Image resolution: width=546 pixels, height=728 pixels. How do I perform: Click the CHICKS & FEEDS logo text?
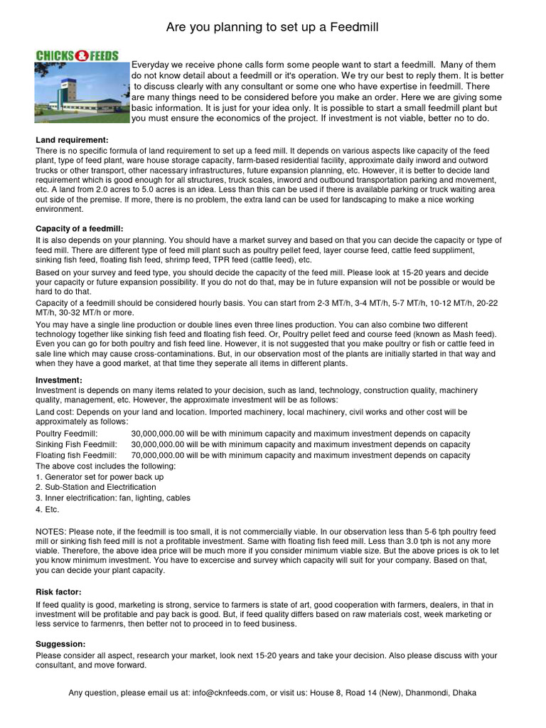click(77, 55)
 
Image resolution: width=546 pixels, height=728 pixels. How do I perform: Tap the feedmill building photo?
click(77, 90)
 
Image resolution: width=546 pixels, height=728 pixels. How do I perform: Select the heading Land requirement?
click(72, 141)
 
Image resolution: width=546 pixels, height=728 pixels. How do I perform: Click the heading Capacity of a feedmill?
click(80, 228)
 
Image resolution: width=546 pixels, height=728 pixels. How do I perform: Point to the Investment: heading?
click(60, 380)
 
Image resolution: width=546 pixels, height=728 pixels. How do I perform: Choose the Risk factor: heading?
click(58, 591)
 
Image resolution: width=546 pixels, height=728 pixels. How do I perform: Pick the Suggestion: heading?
click(60, 644)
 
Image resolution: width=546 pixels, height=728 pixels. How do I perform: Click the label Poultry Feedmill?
click(67, 434)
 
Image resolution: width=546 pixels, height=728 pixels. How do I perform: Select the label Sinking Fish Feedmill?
click(76, 444)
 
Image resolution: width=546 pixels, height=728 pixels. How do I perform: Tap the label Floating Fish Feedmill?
click(77, 455)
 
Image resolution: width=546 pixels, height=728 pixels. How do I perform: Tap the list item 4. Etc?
click(48, 509)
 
